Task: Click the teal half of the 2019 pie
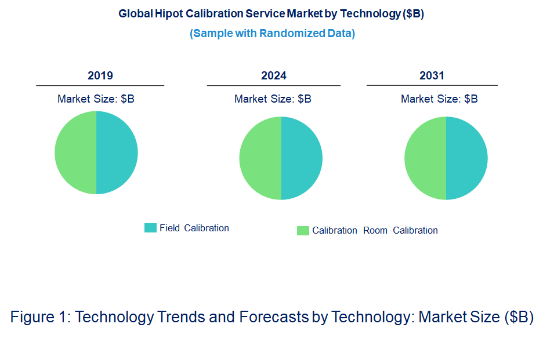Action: (117, 152)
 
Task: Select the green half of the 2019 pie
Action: (75, 152)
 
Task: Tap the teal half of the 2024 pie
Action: (302, 158)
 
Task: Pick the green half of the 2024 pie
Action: (260, 158)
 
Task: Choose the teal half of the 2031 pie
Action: (467, 158)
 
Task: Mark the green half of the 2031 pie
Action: (425, 158)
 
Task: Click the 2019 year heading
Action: (100, 75)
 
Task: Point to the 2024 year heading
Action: (274, 75)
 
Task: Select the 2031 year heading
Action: (432, 75)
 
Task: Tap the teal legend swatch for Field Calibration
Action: (150, 228)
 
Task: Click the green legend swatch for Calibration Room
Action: (303, 231)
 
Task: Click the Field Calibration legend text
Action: (194, 228)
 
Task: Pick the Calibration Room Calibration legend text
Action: (375, 230)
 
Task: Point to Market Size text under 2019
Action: (96, 99)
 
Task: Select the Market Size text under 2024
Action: (273, 99)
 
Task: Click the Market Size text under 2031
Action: (439, 99)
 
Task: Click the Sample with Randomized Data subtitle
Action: (272, 33)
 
